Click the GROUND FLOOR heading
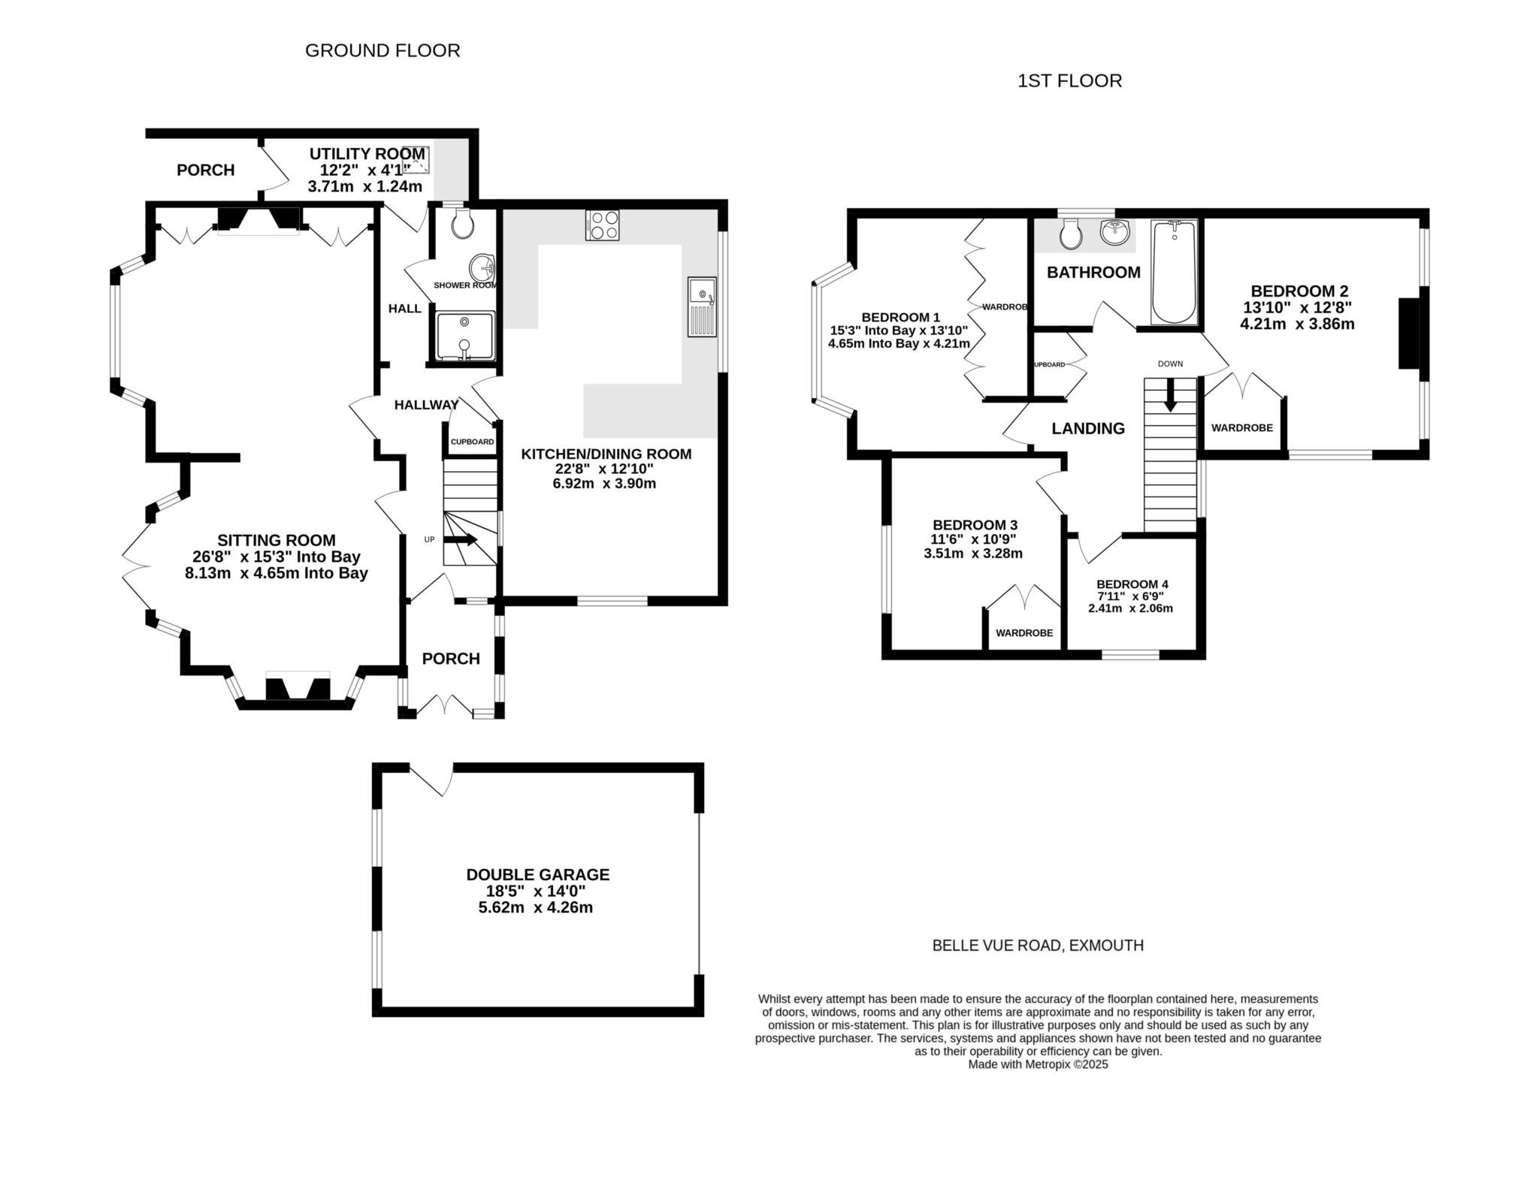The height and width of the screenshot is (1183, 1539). [382, 50]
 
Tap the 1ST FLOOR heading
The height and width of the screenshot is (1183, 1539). [1069, 81]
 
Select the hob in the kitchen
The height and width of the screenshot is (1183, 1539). [602, 225]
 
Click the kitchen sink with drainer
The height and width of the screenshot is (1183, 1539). [703, 307]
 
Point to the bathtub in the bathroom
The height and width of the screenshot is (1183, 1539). [1173, 272]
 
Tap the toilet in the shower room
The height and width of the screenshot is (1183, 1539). [462, 222]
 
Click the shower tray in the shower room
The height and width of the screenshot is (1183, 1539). [464, 335]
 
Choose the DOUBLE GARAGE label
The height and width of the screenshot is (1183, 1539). [538, 874]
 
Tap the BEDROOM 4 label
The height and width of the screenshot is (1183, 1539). [1132, 584]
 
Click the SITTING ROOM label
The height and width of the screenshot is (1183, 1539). [277, 540]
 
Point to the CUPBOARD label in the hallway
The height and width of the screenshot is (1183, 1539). [472, 442]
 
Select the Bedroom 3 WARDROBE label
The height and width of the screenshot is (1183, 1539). [1024, 633]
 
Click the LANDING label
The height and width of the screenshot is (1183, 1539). [1088, 428]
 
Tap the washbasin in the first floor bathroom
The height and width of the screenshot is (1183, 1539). [1115, 232]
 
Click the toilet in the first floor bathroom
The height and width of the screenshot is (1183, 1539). [1070, 234]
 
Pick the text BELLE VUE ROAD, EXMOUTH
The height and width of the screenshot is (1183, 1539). [1038, 946]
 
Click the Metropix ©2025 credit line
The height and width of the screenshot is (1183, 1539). [1038, 1064]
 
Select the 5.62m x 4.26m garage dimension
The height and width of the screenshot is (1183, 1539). [536, 907]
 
